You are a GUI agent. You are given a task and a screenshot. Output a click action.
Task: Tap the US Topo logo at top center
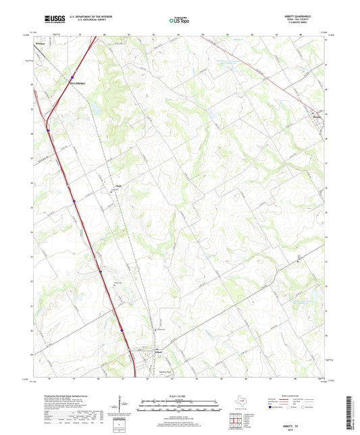[x=178, y=20]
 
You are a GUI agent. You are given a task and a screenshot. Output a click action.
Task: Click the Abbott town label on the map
[x=158, y=351]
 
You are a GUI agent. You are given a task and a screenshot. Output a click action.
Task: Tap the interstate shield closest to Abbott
[x=122, y=330]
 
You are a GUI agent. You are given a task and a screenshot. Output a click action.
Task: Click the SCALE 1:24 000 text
[x=179, y=396]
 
